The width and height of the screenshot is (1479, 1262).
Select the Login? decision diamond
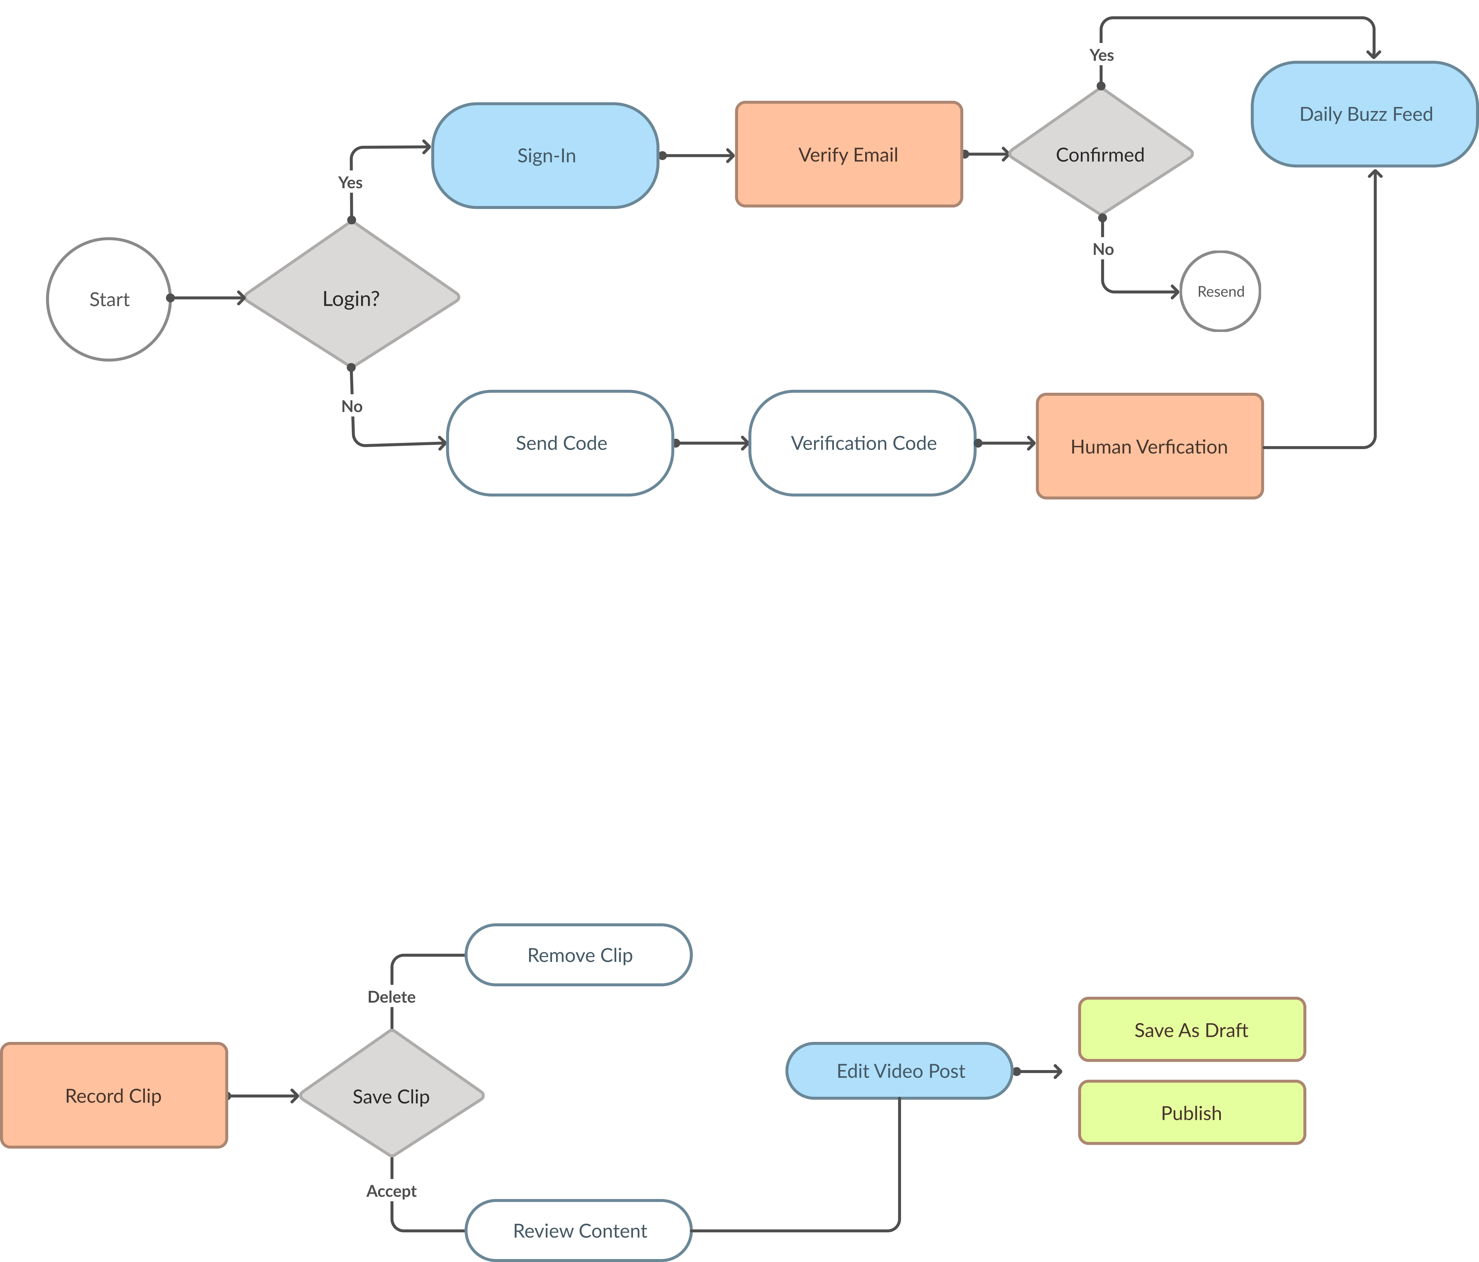pos(351,298)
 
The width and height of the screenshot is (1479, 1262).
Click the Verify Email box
pos(849,154)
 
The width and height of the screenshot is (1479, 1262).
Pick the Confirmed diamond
pos(1100,154)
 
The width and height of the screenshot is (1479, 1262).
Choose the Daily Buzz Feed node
pos(1365,114)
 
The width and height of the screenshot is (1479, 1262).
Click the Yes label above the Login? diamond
pos(350,182)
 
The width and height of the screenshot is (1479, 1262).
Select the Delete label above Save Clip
pos(391,996)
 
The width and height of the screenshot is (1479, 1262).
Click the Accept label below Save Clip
pos(391,1191)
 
